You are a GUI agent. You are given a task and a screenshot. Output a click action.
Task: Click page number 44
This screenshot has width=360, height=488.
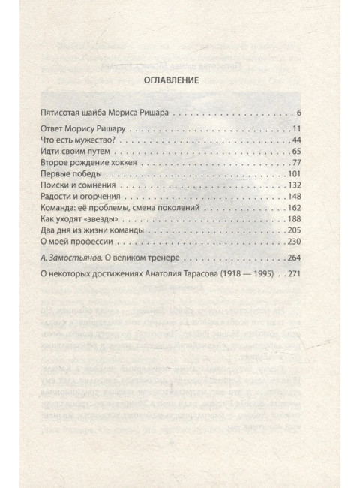pyautogui.click(x=295, y=140)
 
